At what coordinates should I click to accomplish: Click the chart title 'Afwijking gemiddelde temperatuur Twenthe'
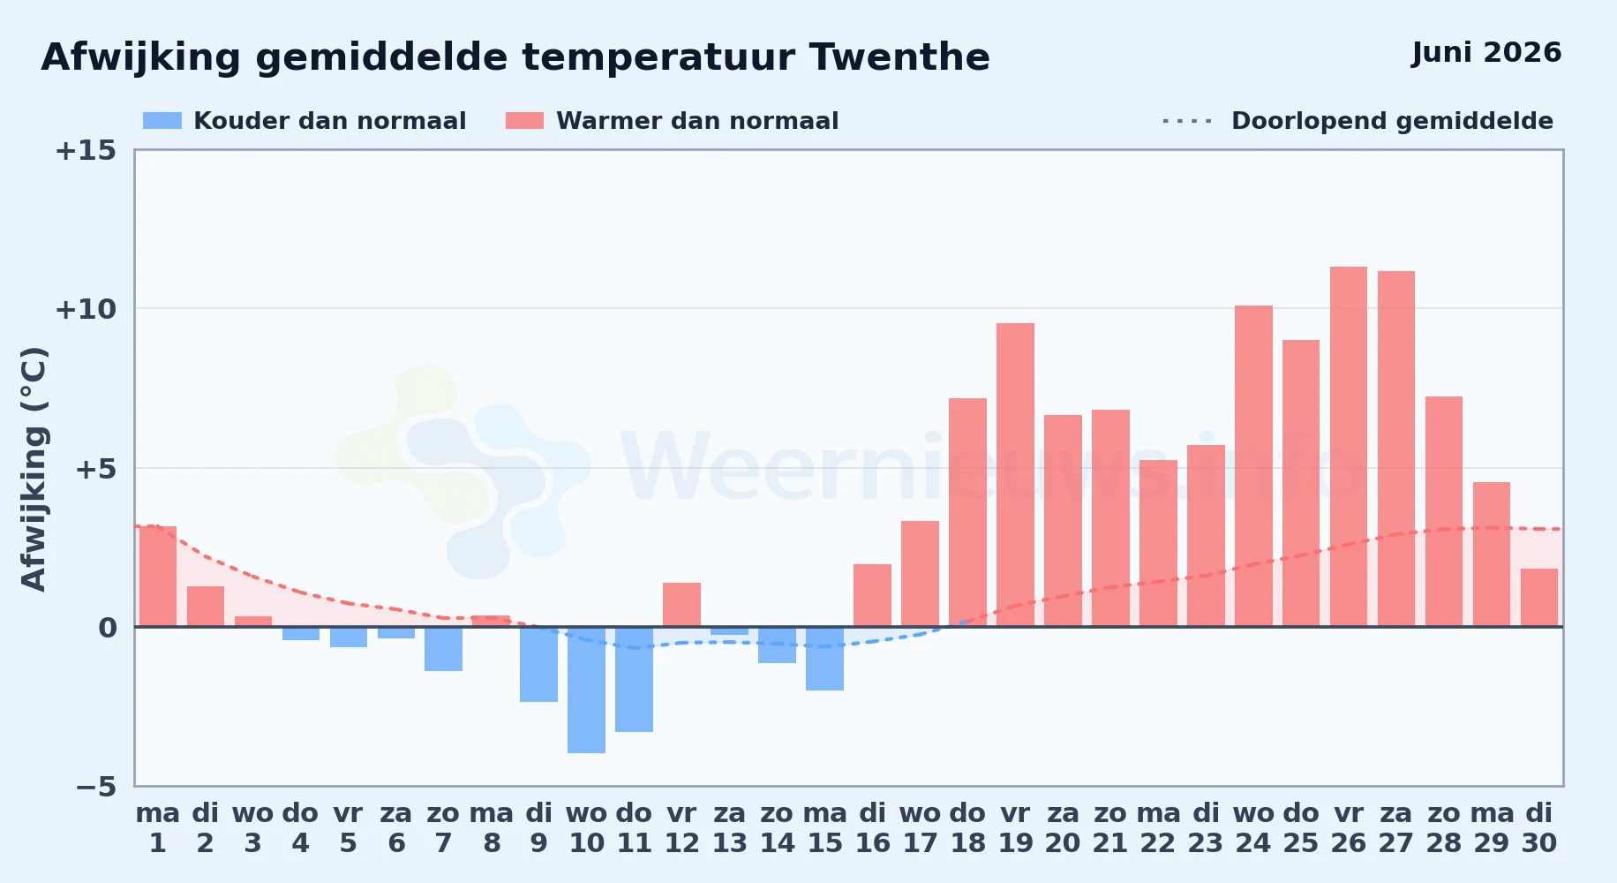click(515, 57)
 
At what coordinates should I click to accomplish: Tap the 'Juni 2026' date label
click(1486, 53)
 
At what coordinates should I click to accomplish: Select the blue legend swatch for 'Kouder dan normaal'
click(162, 121)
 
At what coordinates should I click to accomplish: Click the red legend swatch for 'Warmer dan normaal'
click(524, 121)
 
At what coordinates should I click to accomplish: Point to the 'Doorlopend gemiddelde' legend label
click(1392, 121)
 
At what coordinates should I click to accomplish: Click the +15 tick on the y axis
click(86, 151)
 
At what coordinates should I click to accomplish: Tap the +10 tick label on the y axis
click(86, 310)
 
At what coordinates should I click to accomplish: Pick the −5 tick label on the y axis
click(96, 787)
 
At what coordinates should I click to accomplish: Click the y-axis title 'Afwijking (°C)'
click(34, 469)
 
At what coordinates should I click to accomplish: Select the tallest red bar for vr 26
click(1349, 447)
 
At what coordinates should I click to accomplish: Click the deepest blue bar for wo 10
click(586, 690)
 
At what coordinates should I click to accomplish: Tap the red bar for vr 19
click(1015, 475)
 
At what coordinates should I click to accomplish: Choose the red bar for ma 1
click(158, 577)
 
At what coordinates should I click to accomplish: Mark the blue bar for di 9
click(538, 664)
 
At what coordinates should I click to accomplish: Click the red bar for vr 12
click(681, 605)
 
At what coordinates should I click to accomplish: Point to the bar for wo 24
click(1253, 466)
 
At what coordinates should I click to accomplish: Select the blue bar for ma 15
click(824, 659)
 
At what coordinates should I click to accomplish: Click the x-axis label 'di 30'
click(1539, 828)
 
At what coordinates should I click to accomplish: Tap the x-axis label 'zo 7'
click(443, 828)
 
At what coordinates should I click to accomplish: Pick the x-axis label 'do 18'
click(967, 828)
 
